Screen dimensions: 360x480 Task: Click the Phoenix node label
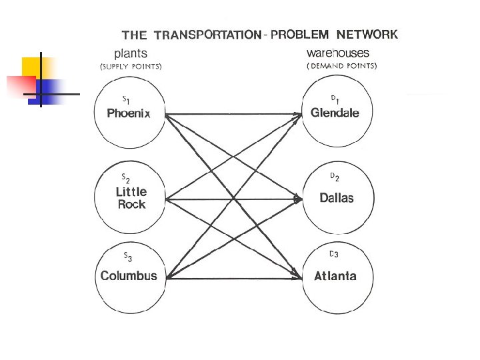(x=129, y=113)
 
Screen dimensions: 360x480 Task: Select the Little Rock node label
(x=131, y=198)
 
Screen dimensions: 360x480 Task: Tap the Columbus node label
(x=129, y=276)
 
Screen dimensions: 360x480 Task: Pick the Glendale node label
(x=335, y=113)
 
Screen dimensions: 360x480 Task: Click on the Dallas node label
(x=337, y=198)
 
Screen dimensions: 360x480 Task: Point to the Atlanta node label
(x=335, y=276)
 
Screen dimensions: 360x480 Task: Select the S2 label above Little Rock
(x=125, y=178)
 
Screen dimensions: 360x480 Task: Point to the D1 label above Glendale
(x=335, y=99)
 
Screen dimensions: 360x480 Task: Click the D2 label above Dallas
(x=335, y=177)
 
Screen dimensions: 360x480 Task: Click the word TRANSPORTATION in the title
(x=207, y=35)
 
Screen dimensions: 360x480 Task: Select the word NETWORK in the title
(x=367, y=35)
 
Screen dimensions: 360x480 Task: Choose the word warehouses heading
(x=338, y=53)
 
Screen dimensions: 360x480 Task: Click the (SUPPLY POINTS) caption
(x=131, y=66)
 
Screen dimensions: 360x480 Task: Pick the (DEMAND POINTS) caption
(x=342, y=66)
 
